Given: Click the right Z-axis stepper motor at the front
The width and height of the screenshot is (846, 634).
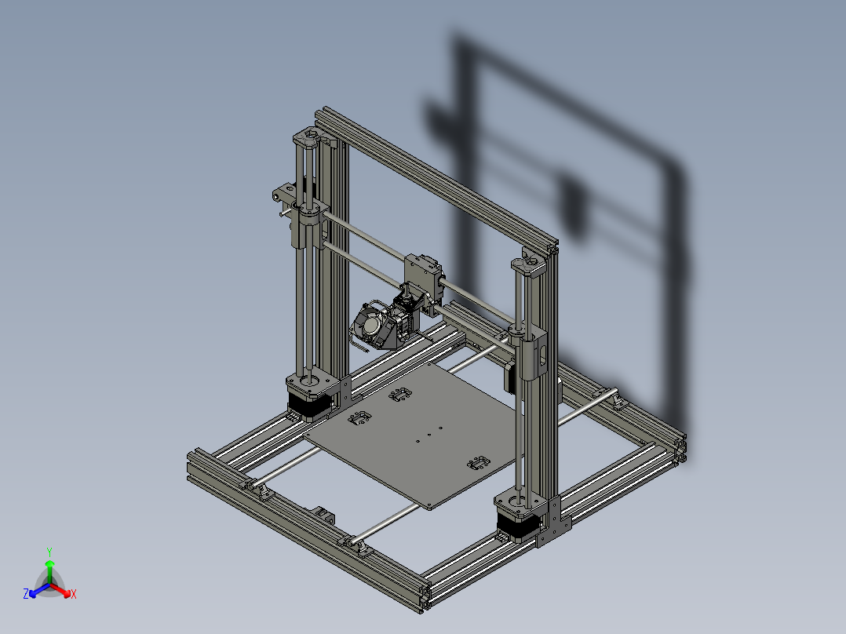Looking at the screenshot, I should tap(516, 519).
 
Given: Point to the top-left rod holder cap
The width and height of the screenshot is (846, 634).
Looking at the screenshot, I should tap(308, 140).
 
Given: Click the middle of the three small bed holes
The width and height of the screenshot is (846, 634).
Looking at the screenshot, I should tap(428, 434).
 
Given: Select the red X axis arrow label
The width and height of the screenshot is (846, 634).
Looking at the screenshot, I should tap(73, 595).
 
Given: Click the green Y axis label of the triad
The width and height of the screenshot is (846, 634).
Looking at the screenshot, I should tap(49, 552).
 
